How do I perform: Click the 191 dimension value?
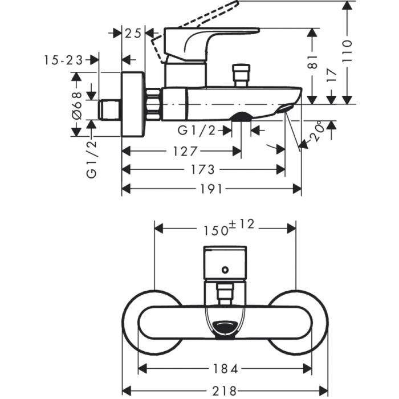(211, 189)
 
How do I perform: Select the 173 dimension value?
(203, 170)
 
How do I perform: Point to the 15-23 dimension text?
(63, 59)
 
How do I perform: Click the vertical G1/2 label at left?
(92, 160)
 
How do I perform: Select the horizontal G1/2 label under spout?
(197, 131)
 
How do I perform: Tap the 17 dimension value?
(333, 74)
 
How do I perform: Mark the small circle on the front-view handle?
(226, 268)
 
